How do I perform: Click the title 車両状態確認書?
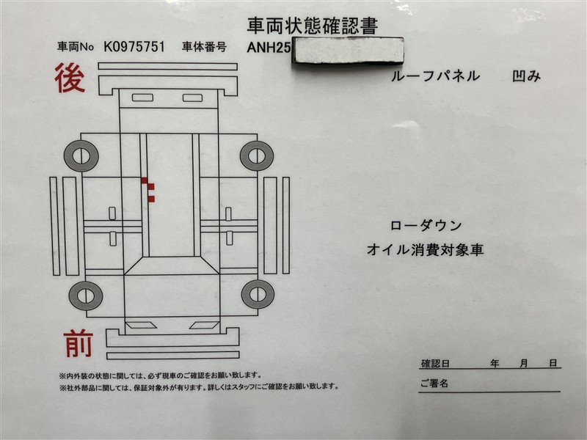point(313,26)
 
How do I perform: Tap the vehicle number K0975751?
point(134,47)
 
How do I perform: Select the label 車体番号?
point(205,47)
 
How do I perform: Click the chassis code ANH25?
point(269,48)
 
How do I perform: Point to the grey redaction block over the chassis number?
point(347,50)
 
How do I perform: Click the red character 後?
point(70,78)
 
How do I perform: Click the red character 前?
point(78,343)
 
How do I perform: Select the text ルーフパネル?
point(435,76)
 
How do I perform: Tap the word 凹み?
point(526,76)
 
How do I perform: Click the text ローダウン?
point(426,226)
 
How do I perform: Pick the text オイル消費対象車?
point(426,249)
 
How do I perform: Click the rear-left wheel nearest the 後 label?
point(81,156)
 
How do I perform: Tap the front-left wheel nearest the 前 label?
point(86,296)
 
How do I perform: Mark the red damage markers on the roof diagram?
point(148,190)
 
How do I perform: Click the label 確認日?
point(435,363)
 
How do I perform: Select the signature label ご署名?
point(434,384)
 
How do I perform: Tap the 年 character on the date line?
point(495,363)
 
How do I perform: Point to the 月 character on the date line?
point(524,363)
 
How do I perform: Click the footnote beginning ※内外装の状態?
point(160,375)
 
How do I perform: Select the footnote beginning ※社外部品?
point(199,386)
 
